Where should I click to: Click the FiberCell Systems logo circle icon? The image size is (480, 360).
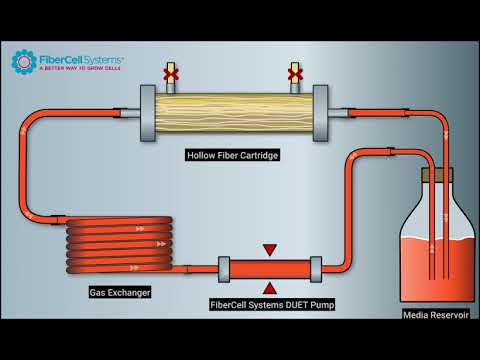click(x=24, y=62)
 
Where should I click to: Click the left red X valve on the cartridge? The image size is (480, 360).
click(x=171, y=73)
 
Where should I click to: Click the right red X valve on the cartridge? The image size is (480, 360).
click(x=294, y=73)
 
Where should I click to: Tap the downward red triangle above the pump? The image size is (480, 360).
click(x=268, y=249)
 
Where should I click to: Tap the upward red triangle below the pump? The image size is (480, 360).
click(x=268, y=288)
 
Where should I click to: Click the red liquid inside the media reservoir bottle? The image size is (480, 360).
click(x=436, y=270)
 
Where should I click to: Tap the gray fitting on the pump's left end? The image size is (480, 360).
click(x=225, y=268)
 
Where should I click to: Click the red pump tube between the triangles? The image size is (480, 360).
click(x=269, y=268)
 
